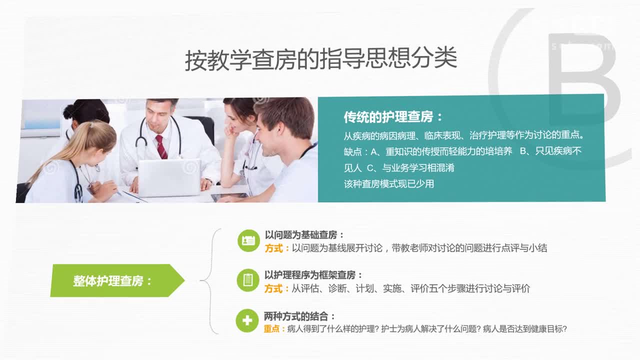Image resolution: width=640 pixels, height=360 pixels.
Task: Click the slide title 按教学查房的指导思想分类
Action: [x=321, y=59]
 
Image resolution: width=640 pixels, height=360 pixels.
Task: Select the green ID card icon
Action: [x=248, y=240]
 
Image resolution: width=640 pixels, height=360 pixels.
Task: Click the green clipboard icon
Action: [x=248, y=280]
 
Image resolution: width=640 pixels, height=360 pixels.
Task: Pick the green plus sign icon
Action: [x=247, y=320]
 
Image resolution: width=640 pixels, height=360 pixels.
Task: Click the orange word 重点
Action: [x=271, y=329]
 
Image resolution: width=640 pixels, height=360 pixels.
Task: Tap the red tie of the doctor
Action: [x=161, y=147]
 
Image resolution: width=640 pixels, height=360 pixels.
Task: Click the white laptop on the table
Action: [x=169, y=177]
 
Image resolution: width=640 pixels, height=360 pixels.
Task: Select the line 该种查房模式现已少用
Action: [x=389, y=183]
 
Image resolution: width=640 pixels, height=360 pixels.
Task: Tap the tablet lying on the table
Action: [x=230, y=196]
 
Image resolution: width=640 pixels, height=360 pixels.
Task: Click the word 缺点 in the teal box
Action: [x=353, y=151]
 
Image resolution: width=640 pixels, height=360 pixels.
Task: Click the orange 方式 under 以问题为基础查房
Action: [x=273, y=248]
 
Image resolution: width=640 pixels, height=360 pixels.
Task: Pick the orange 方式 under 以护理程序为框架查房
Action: [x=273, y=288]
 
